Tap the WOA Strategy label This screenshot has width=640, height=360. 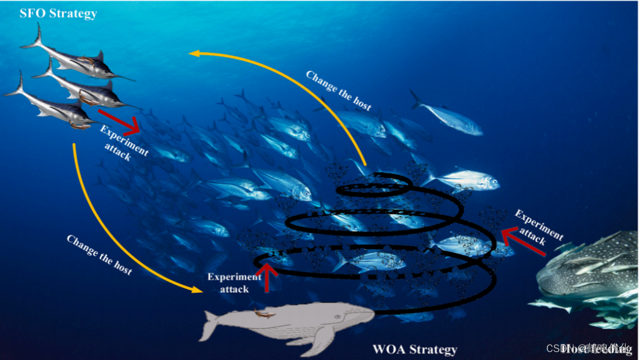[x=415, y=349]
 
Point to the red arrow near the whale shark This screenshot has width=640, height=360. [x=523, y=242]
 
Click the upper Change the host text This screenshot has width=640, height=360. [x=338, y=90]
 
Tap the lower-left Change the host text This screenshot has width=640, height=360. [x=99, y=254]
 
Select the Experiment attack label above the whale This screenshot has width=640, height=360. [x=235, y=282]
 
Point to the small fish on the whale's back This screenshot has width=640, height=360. [x=264, y=313]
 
